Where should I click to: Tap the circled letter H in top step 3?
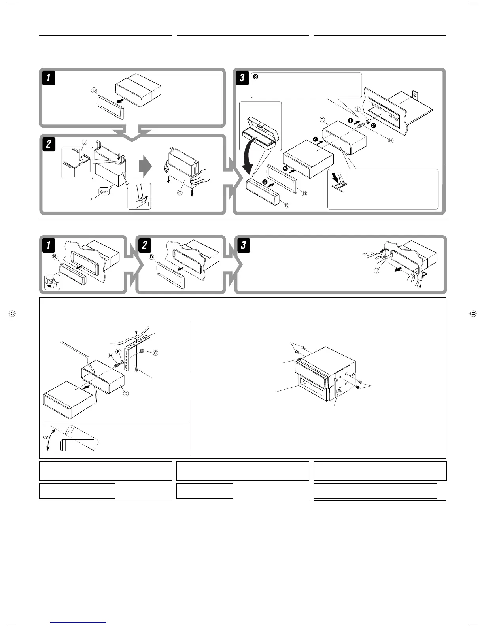tap(391, 141)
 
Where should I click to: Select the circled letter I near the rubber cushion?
tap(358, 109)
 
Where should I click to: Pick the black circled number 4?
tap(315, 139)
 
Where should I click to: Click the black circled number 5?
tap(285, 169)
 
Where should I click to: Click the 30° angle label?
tap(46, 438)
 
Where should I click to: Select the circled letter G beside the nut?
tap(155, 353)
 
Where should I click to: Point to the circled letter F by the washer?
tap(118, 351)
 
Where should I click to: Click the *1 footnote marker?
tap(92, 199)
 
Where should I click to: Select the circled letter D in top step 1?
tap(94, 90)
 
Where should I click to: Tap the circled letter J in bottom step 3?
tap(376, 271)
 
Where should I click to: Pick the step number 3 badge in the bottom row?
tap(243, 245)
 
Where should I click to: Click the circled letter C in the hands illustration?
tap(180, 193)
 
